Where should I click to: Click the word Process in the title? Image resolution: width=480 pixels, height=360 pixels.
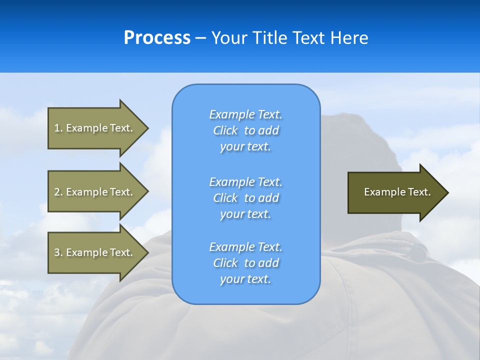[x=157, y=38]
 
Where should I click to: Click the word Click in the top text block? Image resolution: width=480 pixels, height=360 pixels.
[x=225, y=130]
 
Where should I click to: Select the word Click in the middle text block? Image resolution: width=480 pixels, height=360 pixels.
[x=225, y=198]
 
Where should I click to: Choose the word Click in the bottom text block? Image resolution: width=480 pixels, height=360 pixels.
[x=225, y=263]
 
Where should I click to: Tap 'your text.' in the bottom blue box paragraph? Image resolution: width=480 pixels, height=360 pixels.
[x=245, y=279]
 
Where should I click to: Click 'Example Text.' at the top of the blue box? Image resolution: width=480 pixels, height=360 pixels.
[x=245, y=114]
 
